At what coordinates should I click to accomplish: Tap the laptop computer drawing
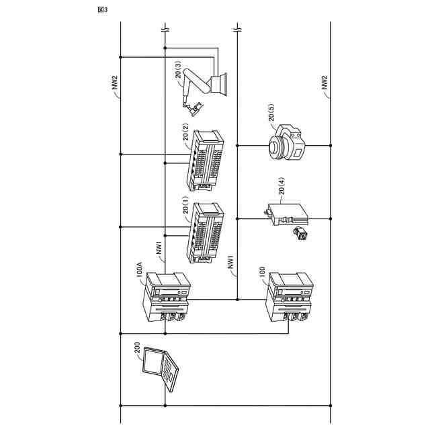tap(161, 370)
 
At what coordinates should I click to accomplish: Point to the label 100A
tap(140, 270)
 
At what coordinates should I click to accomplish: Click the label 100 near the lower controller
tap(262, 271)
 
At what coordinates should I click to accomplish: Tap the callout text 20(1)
tap(186, 204)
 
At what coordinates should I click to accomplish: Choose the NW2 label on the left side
tap(116, 82)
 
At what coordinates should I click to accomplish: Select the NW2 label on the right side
tap(325, 82)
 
